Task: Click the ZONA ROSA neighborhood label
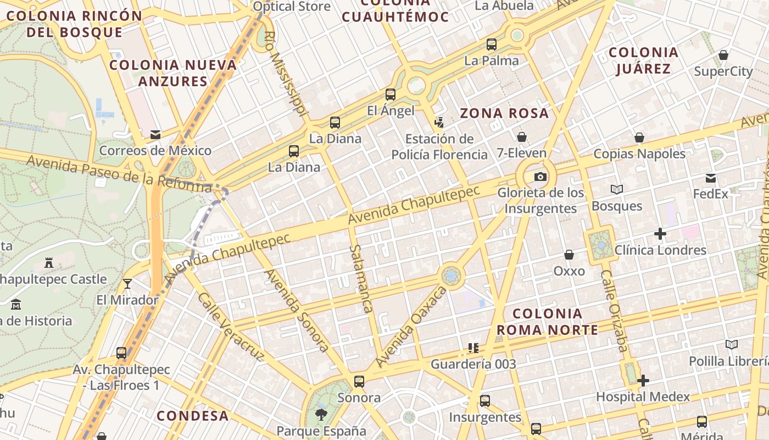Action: [x=504, y=114]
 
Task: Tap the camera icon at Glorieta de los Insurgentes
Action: [x=540, y=177]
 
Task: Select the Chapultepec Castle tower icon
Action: [x=49, y=263]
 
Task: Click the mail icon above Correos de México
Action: [x=155, y=134]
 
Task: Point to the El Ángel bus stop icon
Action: [x=391, y=95]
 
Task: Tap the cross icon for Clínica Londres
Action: [x=660, y=234]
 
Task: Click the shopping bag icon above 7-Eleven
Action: [x=521, y=137]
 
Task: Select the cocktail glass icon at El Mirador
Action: [x=127, y=284]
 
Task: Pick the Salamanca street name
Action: [x=360, y=279]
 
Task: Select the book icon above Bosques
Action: [x=617, y=190]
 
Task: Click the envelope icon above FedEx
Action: [x=711, y=178]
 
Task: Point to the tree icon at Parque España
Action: [x=321, y=414]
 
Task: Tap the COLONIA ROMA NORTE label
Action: [x=547, y=322]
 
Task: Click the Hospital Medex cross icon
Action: [x=643, y=381]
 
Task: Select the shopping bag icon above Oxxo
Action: [x=569, y=255]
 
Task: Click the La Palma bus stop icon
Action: [x=492, y=45]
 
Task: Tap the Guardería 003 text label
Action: [x=473, y=364]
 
